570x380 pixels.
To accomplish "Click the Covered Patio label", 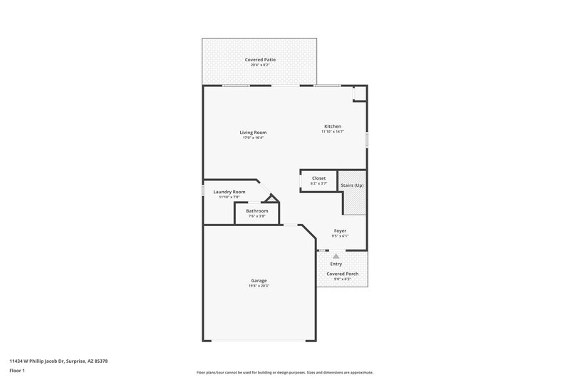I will pyautogui.click(x=260, y=59).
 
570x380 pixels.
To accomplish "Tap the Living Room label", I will pyautogui.click(x=253, y=132).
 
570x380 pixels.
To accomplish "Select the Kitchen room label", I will pyautogui.click(x=333, y=126).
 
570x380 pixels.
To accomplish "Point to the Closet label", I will pyautogui.click(x=318, y=178).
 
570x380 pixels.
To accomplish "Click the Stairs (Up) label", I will pyautogui.click(x=352, y=185).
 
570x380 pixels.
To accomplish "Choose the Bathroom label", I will pyautogui.click(x=257, y=210).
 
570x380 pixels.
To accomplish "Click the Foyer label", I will pyautogui.click(x=340, y=230).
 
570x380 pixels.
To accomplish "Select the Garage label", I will pyautogui.click(x=259, y=280).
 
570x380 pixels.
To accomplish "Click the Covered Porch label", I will pyautogui.click(x=342, y=274).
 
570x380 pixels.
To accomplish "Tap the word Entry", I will pyautogui.click(x=336, y=264).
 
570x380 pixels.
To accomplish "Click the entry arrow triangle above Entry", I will pyautogui.click(x=336, y=255).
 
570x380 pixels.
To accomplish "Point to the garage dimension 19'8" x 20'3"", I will pyautogui.click(x=259, y=286).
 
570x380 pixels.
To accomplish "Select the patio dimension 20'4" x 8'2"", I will pyautogui.click(x=260, y=65).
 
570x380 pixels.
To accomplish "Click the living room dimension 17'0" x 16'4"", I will pyautogui.click(x=253, y=138).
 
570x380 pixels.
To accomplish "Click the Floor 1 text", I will pyautogui.click(x=18, y=371).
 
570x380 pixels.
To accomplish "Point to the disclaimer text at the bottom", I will pyautogui.click(x=285, y=372).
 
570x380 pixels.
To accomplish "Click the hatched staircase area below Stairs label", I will pyautogui.click(x=355, y=202).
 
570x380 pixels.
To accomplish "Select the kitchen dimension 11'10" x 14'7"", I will pyautogui.click(x=333, y=132).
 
